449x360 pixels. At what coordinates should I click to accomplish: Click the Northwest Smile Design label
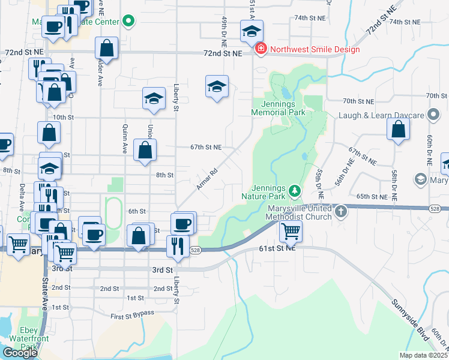pyautogui.click(x=315, y=49)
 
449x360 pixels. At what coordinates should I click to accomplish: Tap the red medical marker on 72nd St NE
pyautogui.click(x=261, y=49)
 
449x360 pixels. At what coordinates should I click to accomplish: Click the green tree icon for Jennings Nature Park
pyautogui.click(x=294, y=191)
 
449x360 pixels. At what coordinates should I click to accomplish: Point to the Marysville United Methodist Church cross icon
pyautogui.click(x=340, y=211)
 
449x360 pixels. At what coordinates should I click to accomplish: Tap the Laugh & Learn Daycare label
pyautogui.click(x=381, y=115)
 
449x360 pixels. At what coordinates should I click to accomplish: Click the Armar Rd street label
pyautogui.click(x=206, y=179)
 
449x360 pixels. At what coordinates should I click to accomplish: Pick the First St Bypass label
pyautogui.click(x=133, y=314)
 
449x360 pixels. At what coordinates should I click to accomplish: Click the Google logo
pyautogui.click(x=20, y=353)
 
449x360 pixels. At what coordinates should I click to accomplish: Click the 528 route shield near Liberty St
pyautogui.click(x=194, y=250)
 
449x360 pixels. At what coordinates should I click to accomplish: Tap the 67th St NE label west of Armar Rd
pyautogui.click(x=206, y=147)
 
